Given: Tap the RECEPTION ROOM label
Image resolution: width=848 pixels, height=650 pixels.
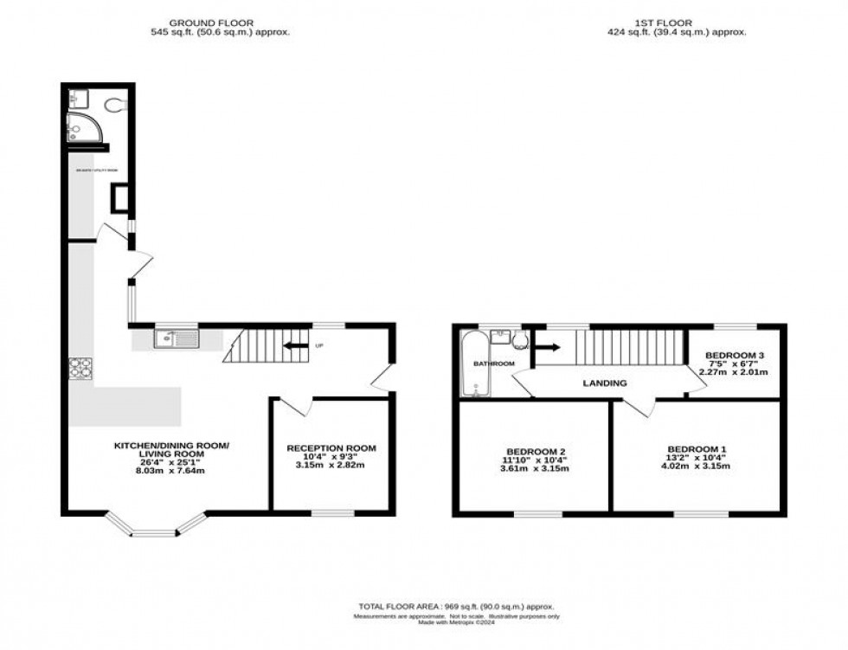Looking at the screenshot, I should point(331,448).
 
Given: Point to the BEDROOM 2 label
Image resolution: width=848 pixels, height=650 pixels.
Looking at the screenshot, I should point(536,451).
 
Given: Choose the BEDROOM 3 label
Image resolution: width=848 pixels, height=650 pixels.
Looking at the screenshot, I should point(735,356).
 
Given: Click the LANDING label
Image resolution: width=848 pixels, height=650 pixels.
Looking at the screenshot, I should point(605,383).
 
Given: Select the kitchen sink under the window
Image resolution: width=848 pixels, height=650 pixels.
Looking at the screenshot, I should point(177,339).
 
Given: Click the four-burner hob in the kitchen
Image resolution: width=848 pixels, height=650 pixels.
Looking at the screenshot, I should point(80,370).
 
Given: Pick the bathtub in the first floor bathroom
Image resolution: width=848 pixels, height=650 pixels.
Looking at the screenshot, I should point(472,364).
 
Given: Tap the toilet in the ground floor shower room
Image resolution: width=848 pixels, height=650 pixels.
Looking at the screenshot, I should point(114,105).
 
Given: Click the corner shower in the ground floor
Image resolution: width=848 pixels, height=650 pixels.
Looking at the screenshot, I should point(82,130).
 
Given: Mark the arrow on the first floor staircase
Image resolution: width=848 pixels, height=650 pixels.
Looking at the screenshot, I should point(546,349).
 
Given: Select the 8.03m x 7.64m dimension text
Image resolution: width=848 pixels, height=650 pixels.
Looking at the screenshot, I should point(172,472).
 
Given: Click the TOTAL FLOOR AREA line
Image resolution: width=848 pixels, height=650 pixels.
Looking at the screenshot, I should point(456,607).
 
